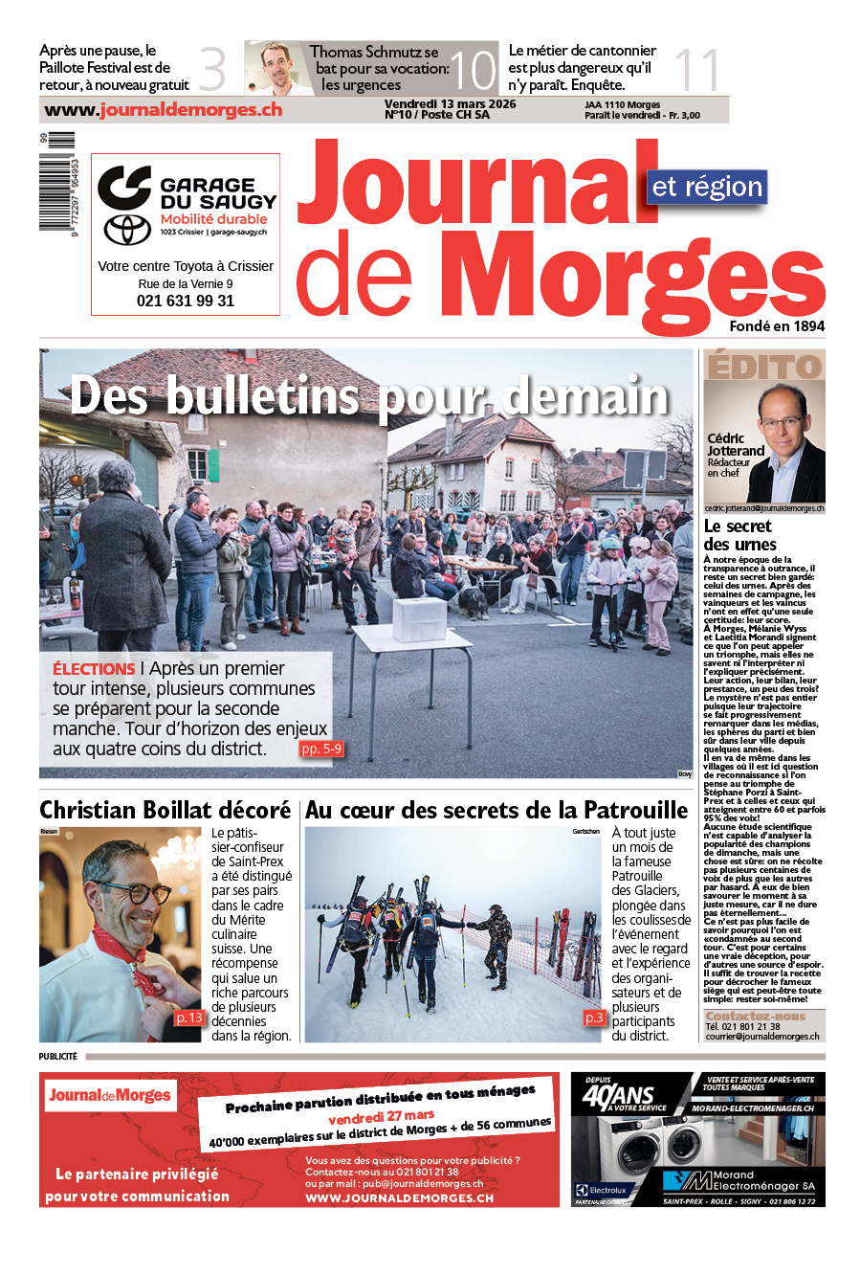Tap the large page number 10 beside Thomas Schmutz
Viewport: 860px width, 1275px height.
tap(473, 70)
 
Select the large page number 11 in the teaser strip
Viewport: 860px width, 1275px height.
tap(696, 70)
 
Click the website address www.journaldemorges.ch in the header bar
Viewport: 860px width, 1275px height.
tap(164, 110)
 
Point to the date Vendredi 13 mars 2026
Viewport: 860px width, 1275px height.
tap(450, 104)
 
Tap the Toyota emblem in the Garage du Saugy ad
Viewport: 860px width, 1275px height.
tap(127, 229)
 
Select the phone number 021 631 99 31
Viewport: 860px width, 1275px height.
tap(186, 301)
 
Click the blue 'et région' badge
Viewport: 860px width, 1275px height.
tap(707, 187)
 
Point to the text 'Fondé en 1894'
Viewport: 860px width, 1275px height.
tap(777, 326)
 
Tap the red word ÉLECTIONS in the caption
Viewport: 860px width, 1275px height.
tap(94, 669)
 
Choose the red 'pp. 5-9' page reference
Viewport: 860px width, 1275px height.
tap(320, 749)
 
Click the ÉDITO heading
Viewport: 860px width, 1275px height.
tap(763, 367)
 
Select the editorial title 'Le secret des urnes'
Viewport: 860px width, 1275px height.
tap(739, 535)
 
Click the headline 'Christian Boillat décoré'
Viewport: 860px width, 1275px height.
tap(165, 810)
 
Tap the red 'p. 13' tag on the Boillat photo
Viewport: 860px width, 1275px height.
tap(188, 1018)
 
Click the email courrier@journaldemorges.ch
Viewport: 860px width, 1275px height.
tap(762, 1036)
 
